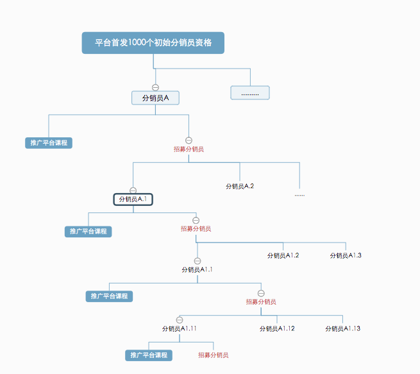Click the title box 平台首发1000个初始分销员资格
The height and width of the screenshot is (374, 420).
[153, 43]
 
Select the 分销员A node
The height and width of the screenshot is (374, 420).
[155, 98]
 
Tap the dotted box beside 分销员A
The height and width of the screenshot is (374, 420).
[250, 93]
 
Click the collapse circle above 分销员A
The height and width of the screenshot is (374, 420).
[155, 87]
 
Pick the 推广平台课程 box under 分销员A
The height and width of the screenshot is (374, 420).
[49, 143]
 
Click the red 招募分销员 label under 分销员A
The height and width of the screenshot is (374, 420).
[189, 149]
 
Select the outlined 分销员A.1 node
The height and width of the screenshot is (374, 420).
[133, 200]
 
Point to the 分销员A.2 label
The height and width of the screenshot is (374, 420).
[240, 186]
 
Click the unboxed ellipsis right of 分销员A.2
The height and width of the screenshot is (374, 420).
[299, 194]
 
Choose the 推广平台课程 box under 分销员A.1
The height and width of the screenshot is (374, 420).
[88, 231]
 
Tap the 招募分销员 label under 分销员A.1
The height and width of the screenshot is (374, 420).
[196, 228]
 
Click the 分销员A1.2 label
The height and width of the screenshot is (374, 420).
[283, 255]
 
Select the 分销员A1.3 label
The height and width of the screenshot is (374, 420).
[346, 255]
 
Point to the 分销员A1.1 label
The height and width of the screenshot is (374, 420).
[197, 269]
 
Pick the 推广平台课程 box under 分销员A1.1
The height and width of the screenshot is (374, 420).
[109, 296]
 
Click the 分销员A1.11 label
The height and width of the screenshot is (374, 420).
[179, 328]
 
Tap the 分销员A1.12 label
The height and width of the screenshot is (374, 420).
[277, 328]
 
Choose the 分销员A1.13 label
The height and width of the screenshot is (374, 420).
[343, 328]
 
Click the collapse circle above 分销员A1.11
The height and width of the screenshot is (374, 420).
[180, 319]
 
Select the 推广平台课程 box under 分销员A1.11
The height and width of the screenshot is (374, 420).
[149, 355]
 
